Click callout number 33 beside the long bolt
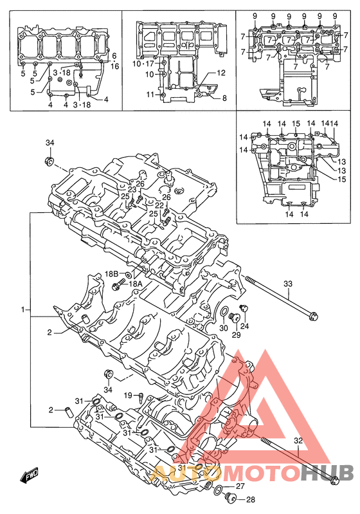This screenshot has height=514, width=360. [287, 284]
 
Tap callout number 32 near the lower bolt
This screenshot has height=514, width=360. [298, 441]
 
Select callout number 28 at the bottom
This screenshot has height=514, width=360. [250, 500]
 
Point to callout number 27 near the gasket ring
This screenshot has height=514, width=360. [240, 486]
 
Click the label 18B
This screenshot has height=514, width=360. [111, 273]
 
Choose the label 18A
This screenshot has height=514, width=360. [135, 284]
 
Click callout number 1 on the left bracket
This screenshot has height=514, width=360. [23, 309]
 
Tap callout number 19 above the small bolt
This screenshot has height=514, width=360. [129, 396]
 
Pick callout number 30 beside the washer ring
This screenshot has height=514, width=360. [224, 328]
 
